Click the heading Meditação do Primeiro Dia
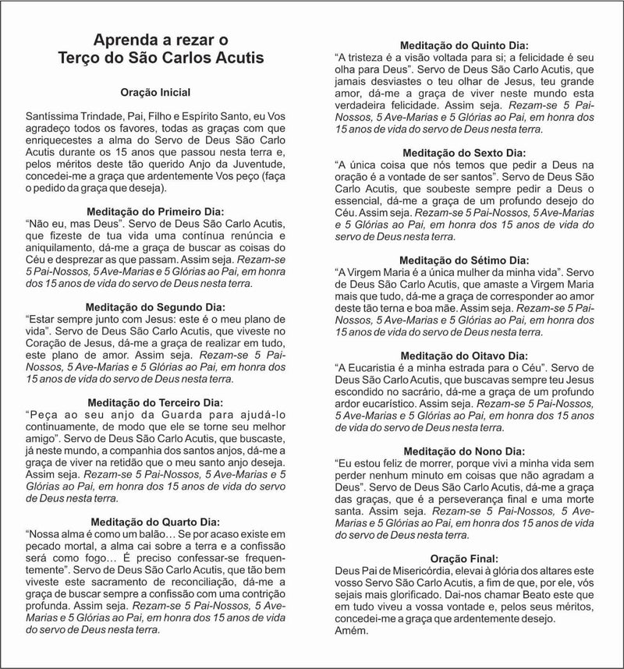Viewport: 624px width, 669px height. [156, 211]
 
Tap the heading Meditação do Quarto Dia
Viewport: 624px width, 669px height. [156, 522]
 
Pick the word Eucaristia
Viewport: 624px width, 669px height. [378, 366]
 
